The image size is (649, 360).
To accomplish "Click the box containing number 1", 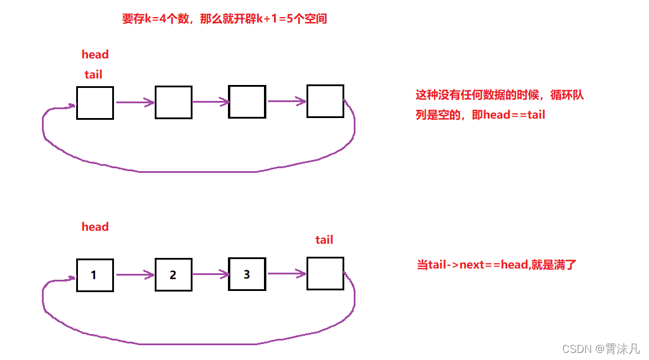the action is pyautogui.click(x=94, y=274).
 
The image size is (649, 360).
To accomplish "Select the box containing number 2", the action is pyautogui.click(x=173, y=274).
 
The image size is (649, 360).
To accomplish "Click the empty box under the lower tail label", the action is pyautogui.click(x=325, y=273).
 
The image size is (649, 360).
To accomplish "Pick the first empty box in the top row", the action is pyautogui.click(x=94, y=103).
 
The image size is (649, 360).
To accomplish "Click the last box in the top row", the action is pyautogui.click(x=325, y=101).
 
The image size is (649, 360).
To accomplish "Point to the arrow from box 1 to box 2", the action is pyautogui.click(x=135, y=274).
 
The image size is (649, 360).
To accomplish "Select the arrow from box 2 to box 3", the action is pyautogui.click(x=210, y=274).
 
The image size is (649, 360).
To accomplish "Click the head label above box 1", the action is pyautogui.click(x=95, y=227).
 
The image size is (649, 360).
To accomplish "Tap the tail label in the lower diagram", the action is pyautogui.click(x=324, y=240).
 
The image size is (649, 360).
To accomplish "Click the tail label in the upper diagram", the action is pyautogui.click(x=93, y=74).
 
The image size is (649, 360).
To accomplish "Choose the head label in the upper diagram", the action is pyautogui.click(x=95, y=55).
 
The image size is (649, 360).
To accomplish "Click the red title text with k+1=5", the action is pyautogui.click(x=224, y=19).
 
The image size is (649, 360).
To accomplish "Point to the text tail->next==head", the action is pyautogui.click(x=496, y=264).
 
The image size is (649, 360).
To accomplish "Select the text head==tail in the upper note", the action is pyautogui.click(x=514, y=114).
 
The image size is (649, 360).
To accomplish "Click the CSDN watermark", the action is pyautogui.click(x=600, y=349).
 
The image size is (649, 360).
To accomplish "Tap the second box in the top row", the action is pyautogui.click(x=173, y=102).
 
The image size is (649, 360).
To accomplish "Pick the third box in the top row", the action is pyautogui.click(x=247, y=102).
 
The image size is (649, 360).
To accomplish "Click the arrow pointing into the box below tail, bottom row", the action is pyautogui.click(x=287, y=273).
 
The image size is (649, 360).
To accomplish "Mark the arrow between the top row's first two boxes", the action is pyautogui.click(x=135, y=103).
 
